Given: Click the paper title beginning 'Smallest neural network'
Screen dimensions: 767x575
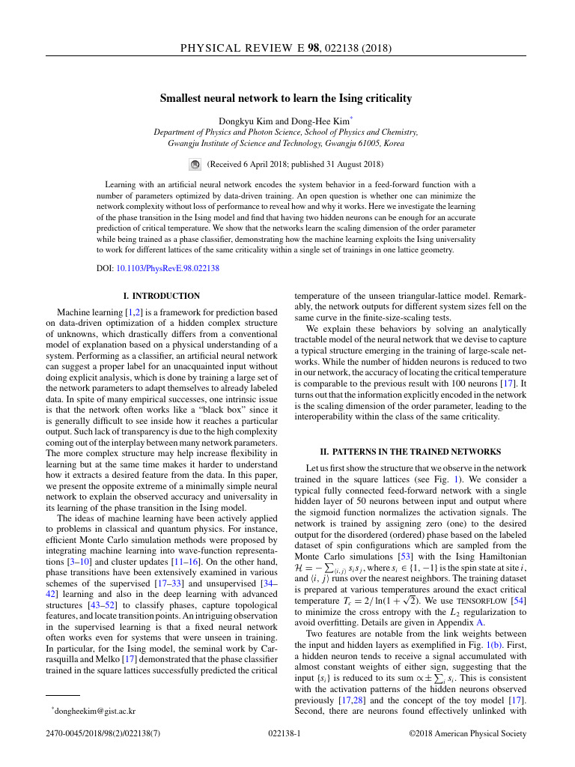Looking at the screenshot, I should pos(286,98).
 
